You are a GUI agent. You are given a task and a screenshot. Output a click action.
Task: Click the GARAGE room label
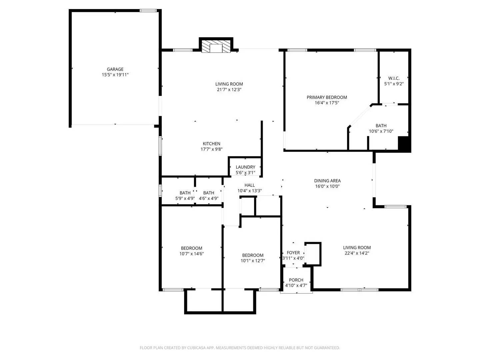coord(115,69)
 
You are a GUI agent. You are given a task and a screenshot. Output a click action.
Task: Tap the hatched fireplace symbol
coord(216,47)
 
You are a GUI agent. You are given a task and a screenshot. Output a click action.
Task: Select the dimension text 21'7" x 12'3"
coord(229,90)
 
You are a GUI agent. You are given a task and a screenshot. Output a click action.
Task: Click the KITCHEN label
coord(211,144)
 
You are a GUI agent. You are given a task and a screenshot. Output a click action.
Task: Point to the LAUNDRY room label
coord(245,167)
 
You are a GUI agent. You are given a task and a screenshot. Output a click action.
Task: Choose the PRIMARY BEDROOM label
coord(327,97)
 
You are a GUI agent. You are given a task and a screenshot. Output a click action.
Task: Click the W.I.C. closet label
coord(394,78)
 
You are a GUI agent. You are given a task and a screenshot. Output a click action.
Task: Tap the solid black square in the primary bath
coord(404,144)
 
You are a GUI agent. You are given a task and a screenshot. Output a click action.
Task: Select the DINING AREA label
coord(327,181)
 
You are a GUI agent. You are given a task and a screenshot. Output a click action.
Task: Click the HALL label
coord(249,185)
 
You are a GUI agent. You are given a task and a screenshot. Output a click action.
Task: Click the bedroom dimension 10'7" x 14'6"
coord(191,254)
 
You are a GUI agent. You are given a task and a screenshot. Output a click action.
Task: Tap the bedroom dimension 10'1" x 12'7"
coord(253,261)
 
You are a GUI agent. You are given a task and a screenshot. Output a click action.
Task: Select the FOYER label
coord(293,253)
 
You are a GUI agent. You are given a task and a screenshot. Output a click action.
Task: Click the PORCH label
coord(296,280)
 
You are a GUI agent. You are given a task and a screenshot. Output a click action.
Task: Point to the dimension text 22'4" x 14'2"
coord(357,253)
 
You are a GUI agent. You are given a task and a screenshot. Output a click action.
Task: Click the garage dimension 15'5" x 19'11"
coord(115,75)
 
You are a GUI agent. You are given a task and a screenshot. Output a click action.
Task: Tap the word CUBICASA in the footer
coord(197,348)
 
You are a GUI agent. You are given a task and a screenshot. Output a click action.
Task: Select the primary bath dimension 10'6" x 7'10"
coord(381,131)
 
